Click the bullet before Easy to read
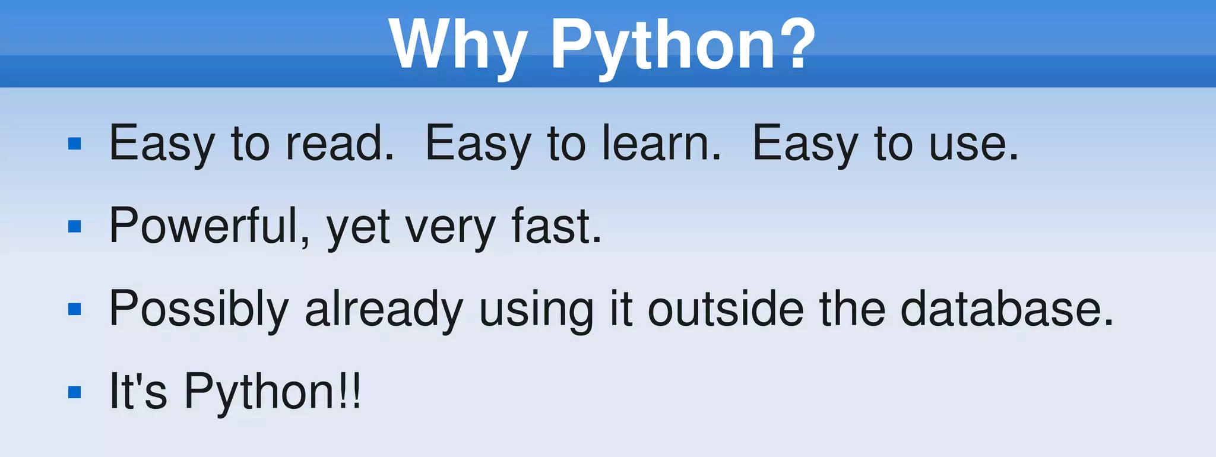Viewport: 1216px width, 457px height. coord(75,144)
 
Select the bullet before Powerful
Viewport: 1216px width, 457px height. coord(75,226)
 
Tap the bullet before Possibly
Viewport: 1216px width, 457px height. coord(75,309)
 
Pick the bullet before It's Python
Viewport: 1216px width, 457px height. coord(75,392)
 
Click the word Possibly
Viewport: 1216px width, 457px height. coord(199,309)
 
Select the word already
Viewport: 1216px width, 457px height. coord(384,309)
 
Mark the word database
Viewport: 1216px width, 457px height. coord(1006,309)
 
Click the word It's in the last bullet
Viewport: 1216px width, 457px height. coord(138,392)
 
